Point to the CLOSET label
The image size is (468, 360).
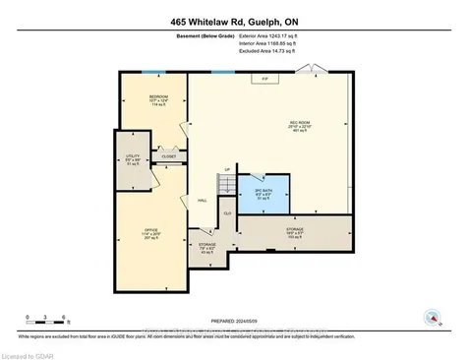point(168,155)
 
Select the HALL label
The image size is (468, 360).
point(202,200)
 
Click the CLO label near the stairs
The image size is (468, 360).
point(227,212)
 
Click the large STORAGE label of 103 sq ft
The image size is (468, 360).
point(294,234)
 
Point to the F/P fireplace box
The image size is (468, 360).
point(264,80)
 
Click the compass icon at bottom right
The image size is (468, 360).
point(432,317)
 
